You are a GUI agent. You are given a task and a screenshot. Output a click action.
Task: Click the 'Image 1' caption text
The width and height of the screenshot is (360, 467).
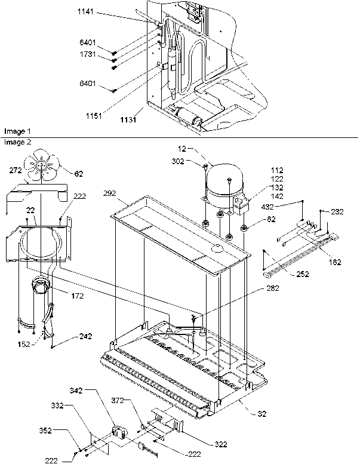[17, 130]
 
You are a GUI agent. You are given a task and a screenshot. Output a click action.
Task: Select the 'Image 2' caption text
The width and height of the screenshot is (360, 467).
[17, 142]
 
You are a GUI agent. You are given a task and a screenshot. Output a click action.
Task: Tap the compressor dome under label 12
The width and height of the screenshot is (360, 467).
[221, 177]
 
